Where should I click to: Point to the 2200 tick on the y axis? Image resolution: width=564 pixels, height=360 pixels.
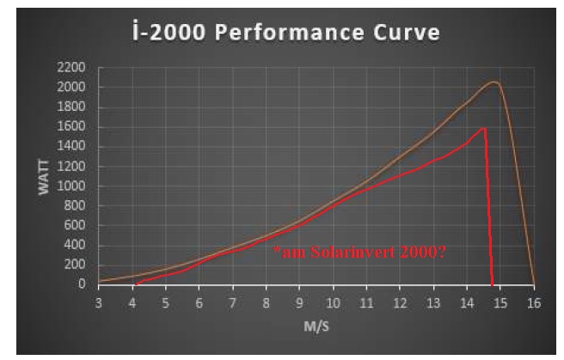(73, 67)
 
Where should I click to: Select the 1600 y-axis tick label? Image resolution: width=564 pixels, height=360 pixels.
(73, 126)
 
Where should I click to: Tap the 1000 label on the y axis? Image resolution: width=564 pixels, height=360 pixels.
(73, 186)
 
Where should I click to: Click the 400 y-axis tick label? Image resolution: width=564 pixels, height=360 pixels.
(77, 245)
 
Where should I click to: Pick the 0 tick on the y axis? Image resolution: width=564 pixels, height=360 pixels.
(82, 284)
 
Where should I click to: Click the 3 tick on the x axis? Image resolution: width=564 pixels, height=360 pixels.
(99, 303)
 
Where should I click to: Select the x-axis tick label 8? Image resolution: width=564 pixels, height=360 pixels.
(267, 303)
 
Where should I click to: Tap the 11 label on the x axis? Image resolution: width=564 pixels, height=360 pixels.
(366, 303)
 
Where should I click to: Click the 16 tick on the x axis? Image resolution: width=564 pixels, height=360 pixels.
(534, 303)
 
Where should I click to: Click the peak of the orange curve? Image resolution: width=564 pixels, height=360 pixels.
(494, 82)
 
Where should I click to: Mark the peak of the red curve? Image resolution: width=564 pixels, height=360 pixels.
(485, 128)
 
